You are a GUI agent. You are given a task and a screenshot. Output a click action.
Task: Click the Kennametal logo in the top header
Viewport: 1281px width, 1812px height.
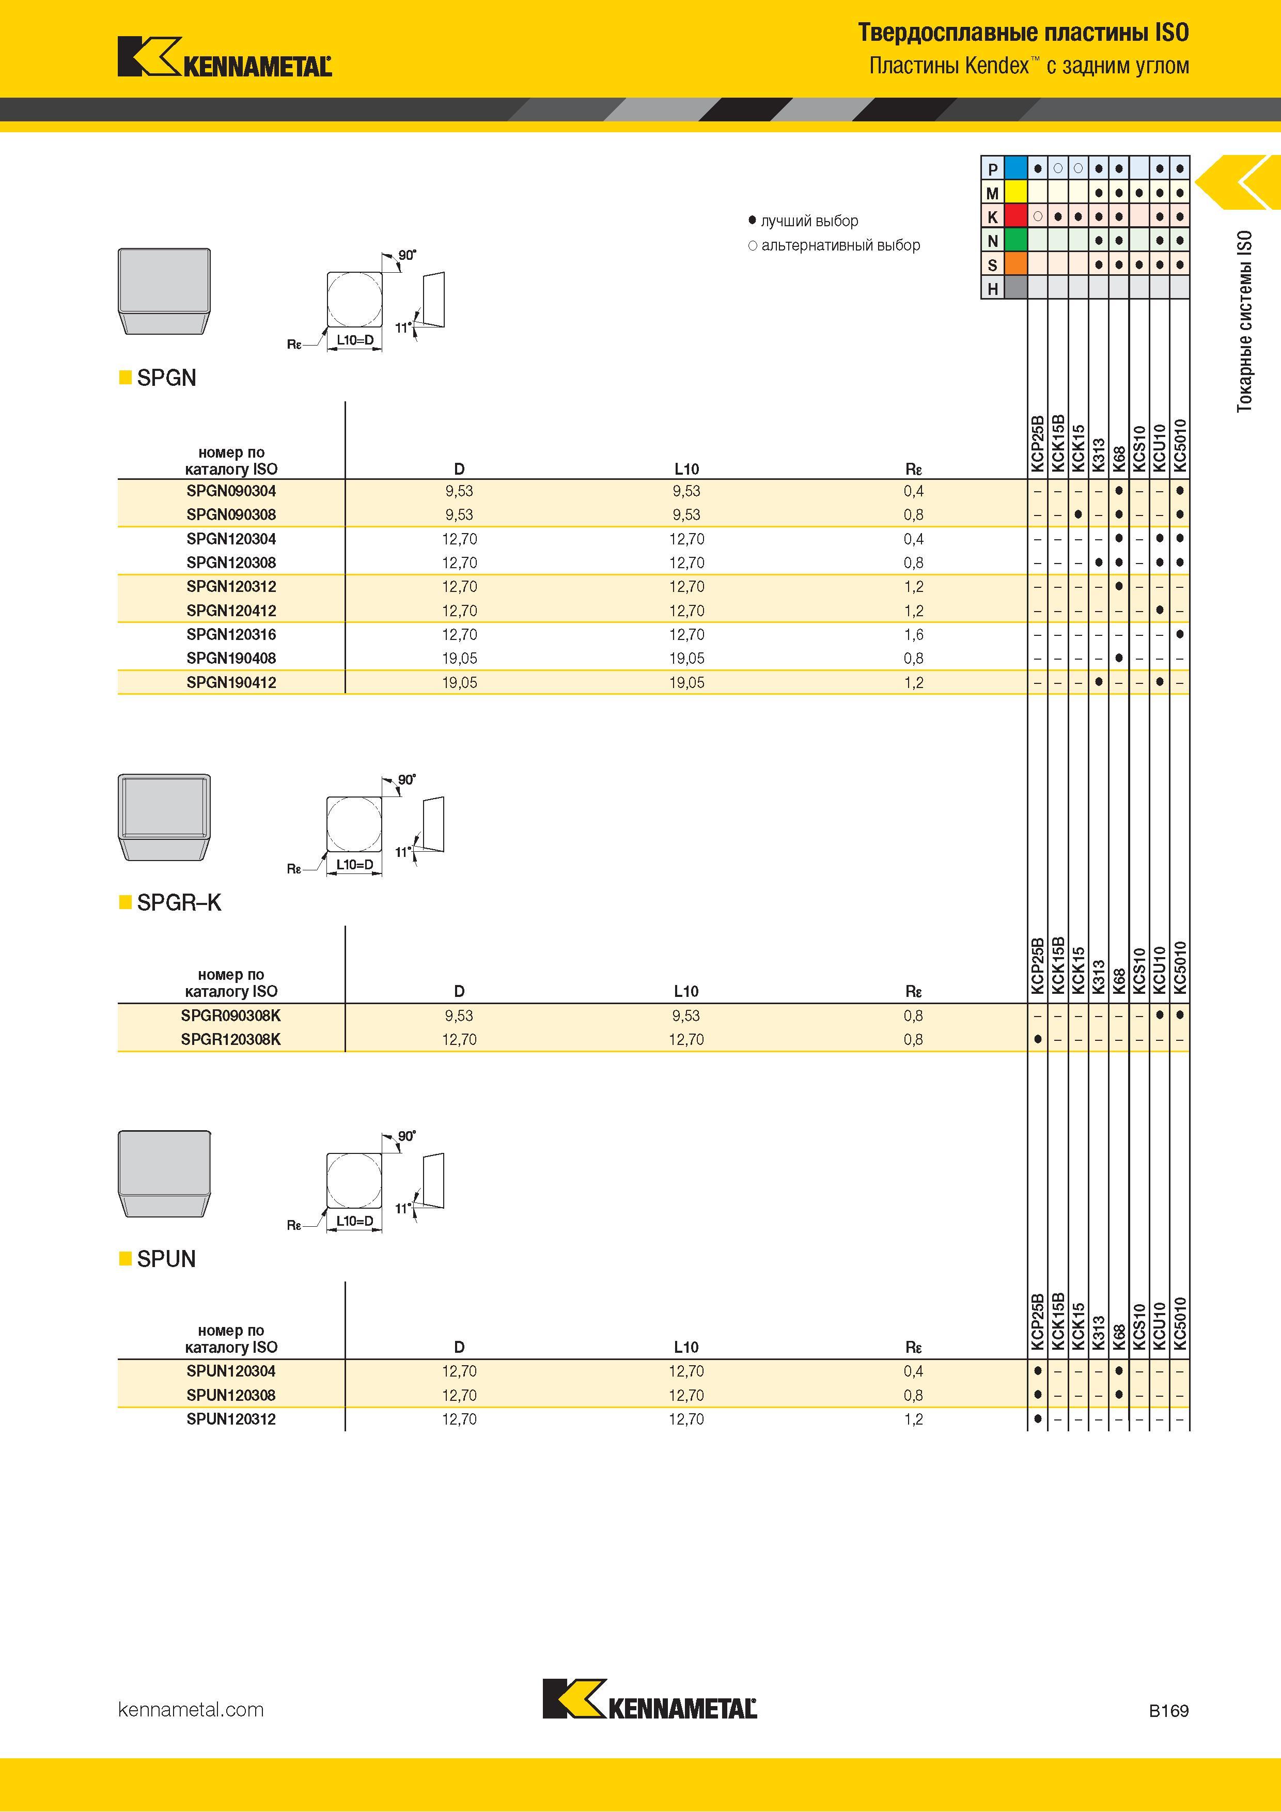pos(224,57)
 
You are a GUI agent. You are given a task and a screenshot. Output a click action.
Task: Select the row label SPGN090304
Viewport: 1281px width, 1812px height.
pos(231,491)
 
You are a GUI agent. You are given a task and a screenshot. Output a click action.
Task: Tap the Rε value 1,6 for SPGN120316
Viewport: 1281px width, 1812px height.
pos(913,634)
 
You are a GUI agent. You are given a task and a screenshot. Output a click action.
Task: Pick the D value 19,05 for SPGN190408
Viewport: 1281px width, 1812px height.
pos(459,658)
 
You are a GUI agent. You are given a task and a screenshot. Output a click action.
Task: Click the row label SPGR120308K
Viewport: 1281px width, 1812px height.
pos(230,1039)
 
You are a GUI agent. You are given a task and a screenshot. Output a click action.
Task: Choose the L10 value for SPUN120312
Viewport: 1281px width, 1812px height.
pos(686,1419)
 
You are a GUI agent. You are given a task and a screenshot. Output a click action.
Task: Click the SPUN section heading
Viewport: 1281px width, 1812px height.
pos(166,1259)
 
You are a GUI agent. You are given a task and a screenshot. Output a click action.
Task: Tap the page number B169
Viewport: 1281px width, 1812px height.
pos(1168,1710)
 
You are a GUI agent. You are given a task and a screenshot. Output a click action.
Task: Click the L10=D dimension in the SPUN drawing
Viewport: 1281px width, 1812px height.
pos(355,1221)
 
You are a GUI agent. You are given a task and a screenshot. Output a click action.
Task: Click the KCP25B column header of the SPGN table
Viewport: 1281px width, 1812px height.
pos(1037,444)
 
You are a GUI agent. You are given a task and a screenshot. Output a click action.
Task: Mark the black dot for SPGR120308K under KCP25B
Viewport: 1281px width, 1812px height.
pos(1037,1039)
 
